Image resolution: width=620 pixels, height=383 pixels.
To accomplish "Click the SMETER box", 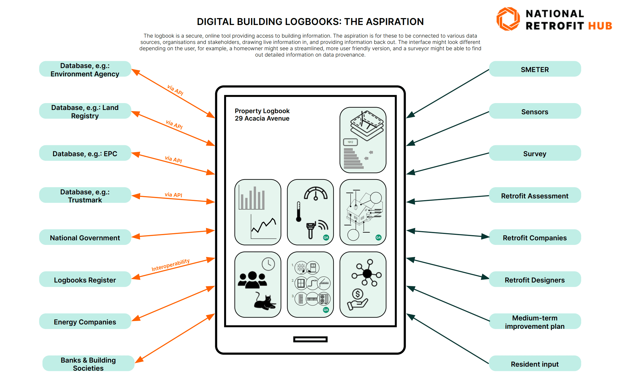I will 535,69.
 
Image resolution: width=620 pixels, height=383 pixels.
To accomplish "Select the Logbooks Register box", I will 85,280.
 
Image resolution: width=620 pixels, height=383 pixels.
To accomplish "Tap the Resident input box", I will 535,364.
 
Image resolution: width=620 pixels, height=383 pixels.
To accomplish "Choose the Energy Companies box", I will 85,322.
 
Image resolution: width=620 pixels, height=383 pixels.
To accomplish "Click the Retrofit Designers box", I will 535,280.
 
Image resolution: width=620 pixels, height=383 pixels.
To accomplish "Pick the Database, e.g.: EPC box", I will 85,153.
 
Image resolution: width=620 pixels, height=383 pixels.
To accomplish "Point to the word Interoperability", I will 170,265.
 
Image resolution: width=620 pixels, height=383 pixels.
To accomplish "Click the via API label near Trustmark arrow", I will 173,194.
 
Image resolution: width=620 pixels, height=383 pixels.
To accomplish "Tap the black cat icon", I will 264,302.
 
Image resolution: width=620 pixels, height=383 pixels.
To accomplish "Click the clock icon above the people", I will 268,264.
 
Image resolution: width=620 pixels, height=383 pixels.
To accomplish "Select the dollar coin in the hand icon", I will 358,294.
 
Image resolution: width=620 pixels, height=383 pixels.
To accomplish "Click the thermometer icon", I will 299,212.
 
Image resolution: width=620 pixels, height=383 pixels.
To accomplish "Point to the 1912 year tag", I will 350,142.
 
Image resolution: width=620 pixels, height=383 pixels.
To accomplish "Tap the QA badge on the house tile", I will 378,237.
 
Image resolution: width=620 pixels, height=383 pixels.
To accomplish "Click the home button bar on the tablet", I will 310,339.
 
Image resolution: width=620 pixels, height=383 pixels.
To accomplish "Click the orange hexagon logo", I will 508,19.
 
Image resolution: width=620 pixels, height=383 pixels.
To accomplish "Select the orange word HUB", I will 600,26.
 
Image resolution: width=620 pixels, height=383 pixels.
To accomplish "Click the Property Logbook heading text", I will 262,111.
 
